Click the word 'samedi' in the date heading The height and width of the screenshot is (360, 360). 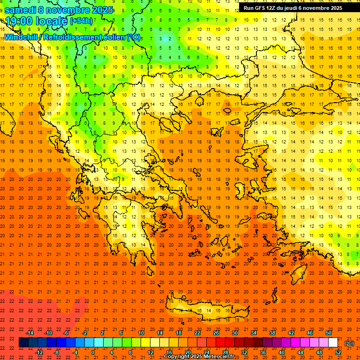tap(21, 10)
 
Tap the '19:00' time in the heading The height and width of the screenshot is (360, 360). tap(20, 21)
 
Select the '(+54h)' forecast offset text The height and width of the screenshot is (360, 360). tap(81, 21)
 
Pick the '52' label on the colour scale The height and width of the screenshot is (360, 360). tap(338, 352)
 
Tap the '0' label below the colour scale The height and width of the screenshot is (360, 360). tap(93, 352)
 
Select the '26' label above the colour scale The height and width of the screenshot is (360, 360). tap(216, 332)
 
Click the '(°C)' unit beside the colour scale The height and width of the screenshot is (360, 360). tap(349, 343)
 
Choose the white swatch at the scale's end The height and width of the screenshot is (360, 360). tap(333, 343)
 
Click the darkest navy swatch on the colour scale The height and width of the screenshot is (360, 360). tap(23, 343)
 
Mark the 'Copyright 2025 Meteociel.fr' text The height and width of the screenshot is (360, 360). tap(199, 357)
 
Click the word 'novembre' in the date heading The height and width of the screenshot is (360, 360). tap(72, 10)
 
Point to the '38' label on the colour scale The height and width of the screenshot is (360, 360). tap(272, 332)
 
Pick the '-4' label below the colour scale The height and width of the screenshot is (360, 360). tap(75, 352)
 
